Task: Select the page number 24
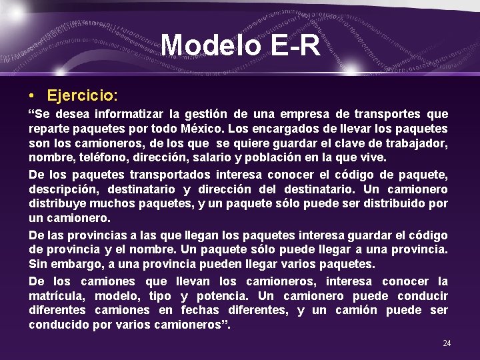tap(447, 343)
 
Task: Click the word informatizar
tap(128, 115)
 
